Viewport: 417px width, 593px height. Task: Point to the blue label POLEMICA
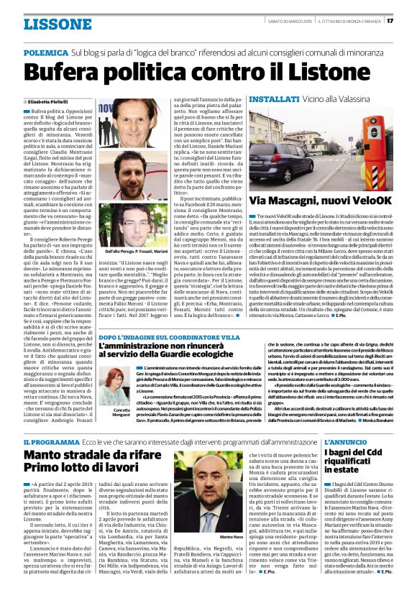[x=46, y=53]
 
